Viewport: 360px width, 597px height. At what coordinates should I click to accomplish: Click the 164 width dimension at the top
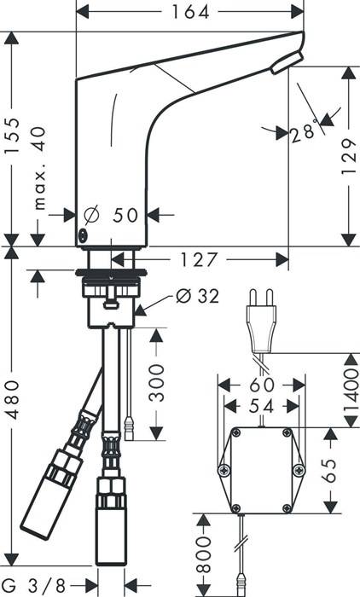pyautogui.click(x=190, y=12)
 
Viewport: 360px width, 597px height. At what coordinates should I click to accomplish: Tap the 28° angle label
pyautogui.click(x=304, y=132)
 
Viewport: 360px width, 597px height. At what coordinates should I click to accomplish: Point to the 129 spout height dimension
pyautogui.click(x=349, y=156)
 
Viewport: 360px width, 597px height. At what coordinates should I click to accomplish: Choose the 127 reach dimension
pyautogui.click(x=198, y=259)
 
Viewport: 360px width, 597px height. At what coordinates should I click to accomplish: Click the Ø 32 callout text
pyautogui.click(x=198, y=296)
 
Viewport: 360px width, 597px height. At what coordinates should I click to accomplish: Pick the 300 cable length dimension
pyautogui.click(x=156, y=383)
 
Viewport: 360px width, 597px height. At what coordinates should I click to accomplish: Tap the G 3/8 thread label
pyautogui.click(x=35, y=585)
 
